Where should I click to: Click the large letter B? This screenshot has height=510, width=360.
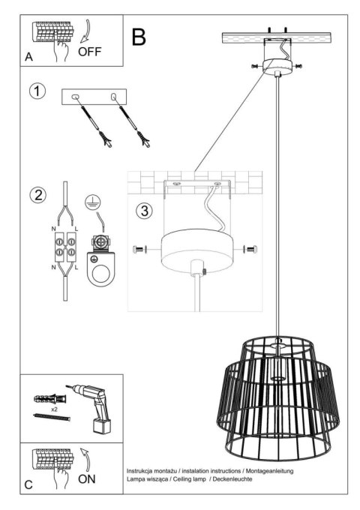click(139, 37)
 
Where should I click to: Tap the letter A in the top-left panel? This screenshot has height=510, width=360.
click(28, 57)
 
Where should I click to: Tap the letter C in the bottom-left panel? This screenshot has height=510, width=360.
click(28, 484)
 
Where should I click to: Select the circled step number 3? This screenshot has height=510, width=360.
click(144, 211)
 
